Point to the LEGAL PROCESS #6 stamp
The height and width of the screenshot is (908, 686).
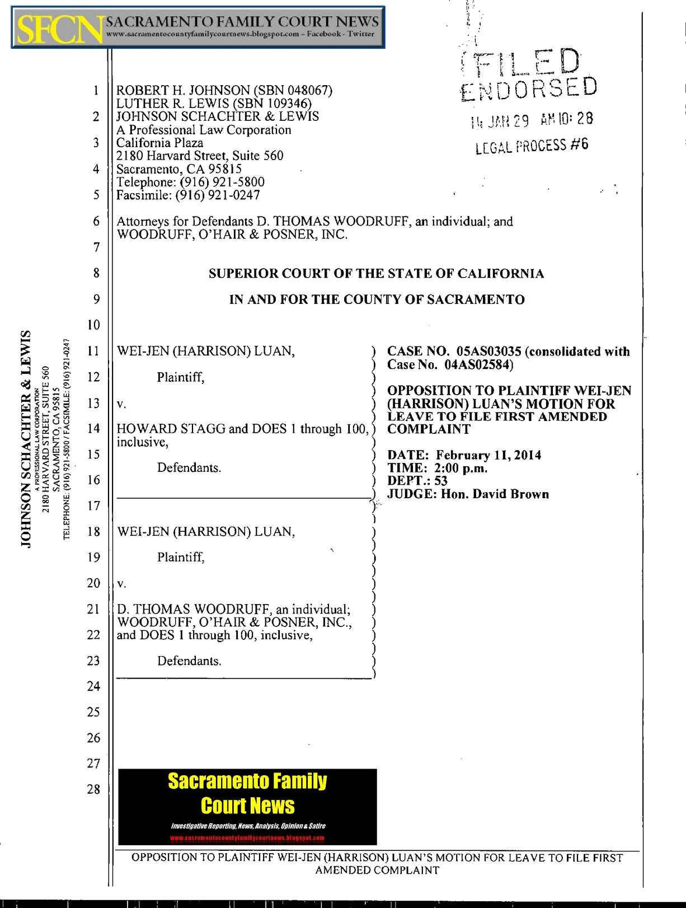click(532, 146)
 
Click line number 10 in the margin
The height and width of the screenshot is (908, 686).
click(93, 325)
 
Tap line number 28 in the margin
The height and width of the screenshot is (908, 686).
click(93, 789)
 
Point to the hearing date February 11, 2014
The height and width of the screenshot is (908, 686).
click(488, 455)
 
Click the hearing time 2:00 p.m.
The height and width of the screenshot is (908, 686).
click(461, 468)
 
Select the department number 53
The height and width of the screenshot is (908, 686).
click(440, 481)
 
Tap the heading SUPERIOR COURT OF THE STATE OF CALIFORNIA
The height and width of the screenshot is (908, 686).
click(376, 274)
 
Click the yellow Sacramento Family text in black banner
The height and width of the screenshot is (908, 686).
click(247, 781)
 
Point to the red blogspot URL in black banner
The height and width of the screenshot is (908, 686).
click(247, 838)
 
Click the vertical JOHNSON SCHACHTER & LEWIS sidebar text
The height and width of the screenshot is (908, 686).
click(26, 439)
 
